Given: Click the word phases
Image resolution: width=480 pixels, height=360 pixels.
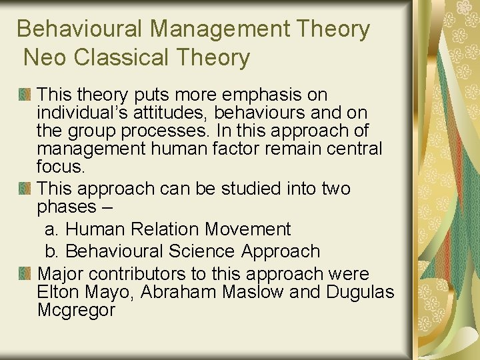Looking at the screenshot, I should pos(66,207).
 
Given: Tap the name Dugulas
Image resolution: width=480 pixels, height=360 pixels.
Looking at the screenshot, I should pos(360,292).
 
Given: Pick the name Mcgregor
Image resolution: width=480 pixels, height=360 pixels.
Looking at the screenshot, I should pos(76,310).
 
